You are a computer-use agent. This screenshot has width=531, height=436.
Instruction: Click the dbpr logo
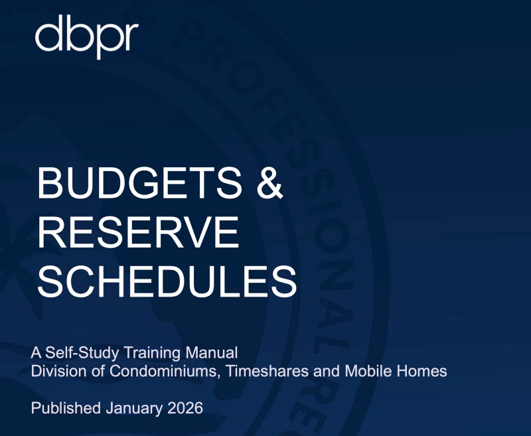coord(87,36)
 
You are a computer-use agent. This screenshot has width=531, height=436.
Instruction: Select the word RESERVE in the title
coord(137,232)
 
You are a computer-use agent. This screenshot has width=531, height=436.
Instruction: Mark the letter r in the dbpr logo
coord(129,40)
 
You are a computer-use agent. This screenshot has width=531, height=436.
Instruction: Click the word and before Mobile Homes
coord(327,371)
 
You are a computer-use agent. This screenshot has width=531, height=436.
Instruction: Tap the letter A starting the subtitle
coord(37,352)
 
